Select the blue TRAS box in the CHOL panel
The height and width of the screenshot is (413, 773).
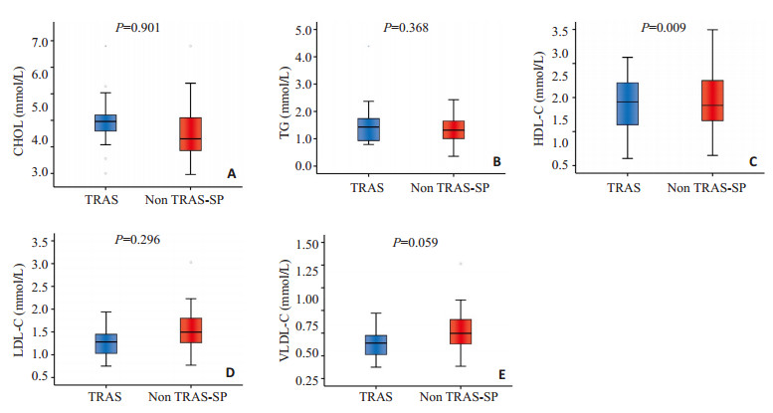(x=104, y=122)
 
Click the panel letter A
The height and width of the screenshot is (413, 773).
(x=232, y=174)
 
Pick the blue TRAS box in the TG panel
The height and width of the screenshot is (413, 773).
(x=368, y=129)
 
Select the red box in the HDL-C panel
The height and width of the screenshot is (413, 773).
(x=711, y=101)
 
